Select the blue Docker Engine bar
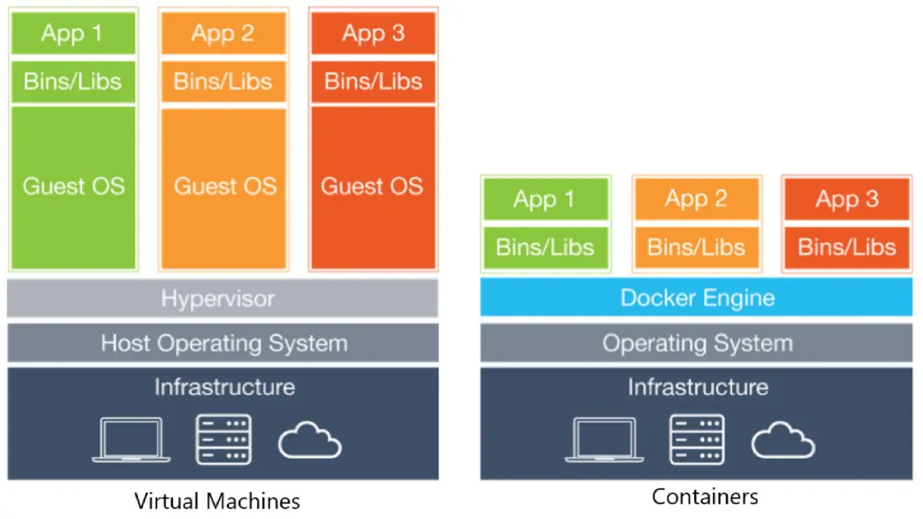[696, 297]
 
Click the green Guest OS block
[73, 187]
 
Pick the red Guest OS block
[372, 187]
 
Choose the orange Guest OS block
[224, 187]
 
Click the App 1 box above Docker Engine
[545, 199]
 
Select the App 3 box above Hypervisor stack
[372, 34]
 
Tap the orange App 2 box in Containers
[696, 199]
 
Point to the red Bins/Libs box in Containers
[846, 247]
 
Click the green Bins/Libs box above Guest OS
[73, 82]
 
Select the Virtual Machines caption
[217, 500]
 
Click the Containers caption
[705, 496]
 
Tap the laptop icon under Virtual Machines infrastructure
[132, 440]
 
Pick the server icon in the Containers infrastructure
[697, 439]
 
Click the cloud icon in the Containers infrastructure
[782, 442]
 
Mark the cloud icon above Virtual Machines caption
[309, 442]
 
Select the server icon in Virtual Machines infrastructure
[224, 439]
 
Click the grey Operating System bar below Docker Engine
[696, 343]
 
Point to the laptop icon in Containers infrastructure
[605, 440]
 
